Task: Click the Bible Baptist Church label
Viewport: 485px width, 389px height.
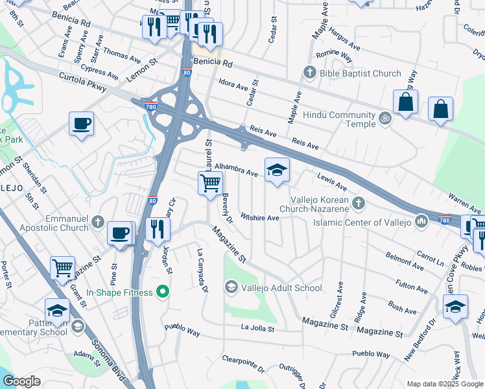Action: pyautogui.click(x=361, y=73)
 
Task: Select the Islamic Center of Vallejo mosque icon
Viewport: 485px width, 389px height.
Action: pyautogui.click(x=422, y=223)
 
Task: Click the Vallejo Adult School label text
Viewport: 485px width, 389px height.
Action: pyautogui.click(x=282, y=288)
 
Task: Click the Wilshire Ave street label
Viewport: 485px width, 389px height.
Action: pyautogui.click(x=259, y=217)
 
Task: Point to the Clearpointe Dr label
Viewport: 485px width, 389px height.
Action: pyautogui.click(x=243, y=363)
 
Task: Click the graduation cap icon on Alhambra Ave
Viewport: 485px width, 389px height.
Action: pyautogui.click(x=277, y=170)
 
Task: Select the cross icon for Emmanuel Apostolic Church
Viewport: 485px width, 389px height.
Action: pyautogui.click(x=97, y=222)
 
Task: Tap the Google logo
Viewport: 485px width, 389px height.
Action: pyautogui.click(x=22, y=381)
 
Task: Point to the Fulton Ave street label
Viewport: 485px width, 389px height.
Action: pyautogui.click(x=412, y=289)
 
